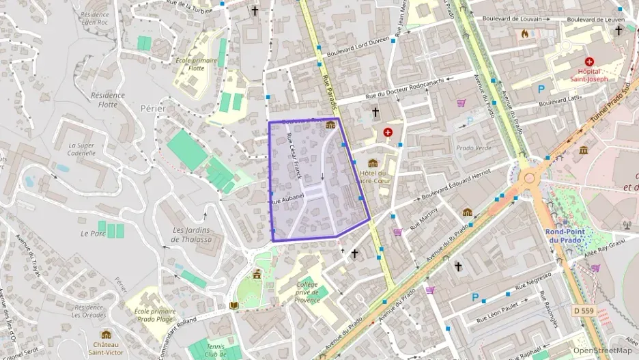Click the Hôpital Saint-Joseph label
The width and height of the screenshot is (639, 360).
tap(589, 75)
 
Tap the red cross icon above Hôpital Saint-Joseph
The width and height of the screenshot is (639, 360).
tap(589, 61)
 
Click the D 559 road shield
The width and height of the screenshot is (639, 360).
tap(585, 310)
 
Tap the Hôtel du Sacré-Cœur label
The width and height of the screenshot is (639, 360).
tap(372, 178)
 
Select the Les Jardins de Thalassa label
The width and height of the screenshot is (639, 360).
tap(190, 234)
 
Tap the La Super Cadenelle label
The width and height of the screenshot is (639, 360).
tap(81, 150)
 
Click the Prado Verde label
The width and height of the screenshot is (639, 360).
tap(474, 148)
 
